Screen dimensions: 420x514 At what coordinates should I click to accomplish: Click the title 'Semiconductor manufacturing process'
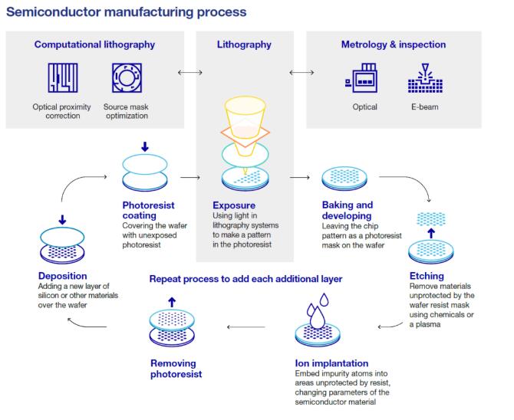click(126, 11)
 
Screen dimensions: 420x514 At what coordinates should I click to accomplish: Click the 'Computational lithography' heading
click(94, 44)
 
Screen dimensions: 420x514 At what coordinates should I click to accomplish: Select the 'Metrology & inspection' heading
click(393, 44)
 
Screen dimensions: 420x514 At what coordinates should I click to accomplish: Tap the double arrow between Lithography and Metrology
click(301, 73)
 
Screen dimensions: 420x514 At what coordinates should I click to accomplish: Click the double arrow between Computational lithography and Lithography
click(189, 73)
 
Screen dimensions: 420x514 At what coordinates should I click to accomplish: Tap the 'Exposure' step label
click(234, 205)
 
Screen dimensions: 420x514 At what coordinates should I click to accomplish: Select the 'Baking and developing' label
click(347, 210)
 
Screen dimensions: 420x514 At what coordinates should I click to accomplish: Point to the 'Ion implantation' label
click(331, 363)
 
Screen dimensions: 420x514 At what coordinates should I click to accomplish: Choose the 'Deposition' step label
click(64, 276)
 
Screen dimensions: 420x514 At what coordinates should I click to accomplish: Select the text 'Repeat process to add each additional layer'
click(245, 279)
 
